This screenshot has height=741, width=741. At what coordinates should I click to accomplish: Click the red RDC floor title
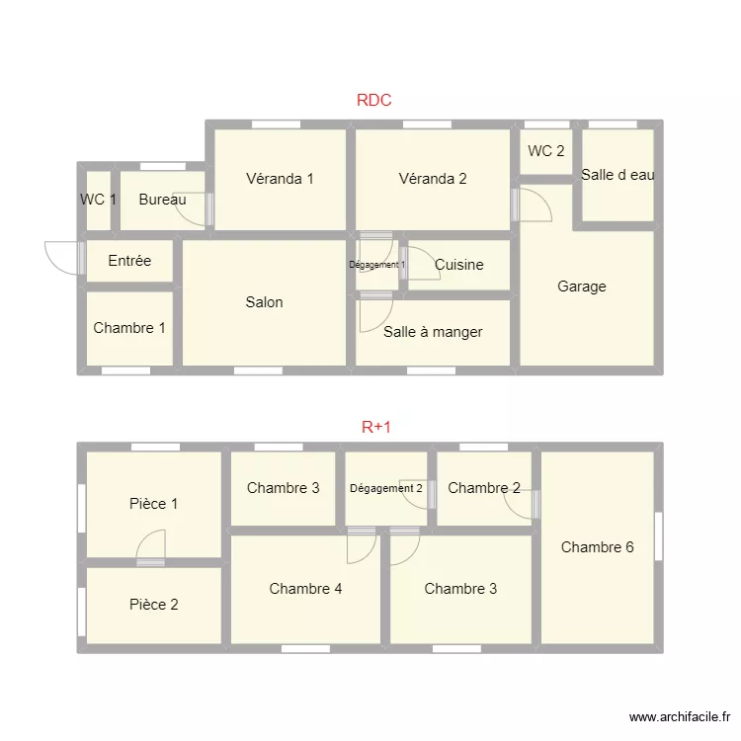tap(373, 100)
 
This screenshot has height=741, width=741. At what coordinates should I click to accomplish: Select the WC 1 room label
tap(98, 200)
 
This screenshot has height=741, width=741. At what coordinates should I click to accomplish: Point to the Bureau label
tap(162, 200)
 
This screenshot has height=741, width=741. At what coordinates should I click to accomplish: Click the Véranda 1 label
tap(280, 179)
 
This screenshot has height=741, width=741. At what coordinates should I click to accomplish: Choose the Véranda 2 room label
tap(433, 179)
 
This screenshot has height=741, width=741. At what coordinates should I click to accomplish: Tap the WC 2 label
tap(546, 151)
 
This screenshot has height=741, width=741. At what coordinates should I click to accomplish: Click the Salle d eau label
tap(617, 175)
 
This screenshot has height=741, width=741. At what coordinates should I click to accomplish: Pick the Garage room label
tap(582, 287)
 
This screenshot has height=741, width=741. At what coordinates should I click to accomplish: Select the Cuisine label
tap(459, 265)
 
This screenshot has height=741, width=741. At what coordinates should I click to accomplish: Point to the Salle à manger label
tap(433, 332)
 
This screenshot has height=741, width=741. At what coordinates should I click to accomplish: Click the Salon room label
tap(264, 302)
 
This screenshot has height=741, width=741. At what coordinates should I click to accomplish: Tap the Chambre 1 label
tap(129, 328)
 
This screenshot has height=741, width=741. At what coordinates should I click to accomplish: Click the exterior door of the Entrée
tap(80, 257)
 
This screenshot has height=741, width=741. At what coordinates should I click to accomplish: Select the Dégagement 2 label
tap(386, 488)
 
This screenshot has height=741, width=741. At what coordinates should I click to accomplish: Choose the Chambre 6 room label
tap(597, 547)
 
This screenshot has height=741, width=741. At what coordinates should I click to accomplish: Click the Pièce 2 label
tap(154, 605)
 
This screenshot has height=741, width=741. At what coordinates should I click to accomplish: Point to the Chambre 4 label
tap(305, 589)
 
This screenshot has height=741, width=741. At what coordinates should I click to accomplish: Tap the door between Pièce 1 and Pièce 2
tap(150, 562)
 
